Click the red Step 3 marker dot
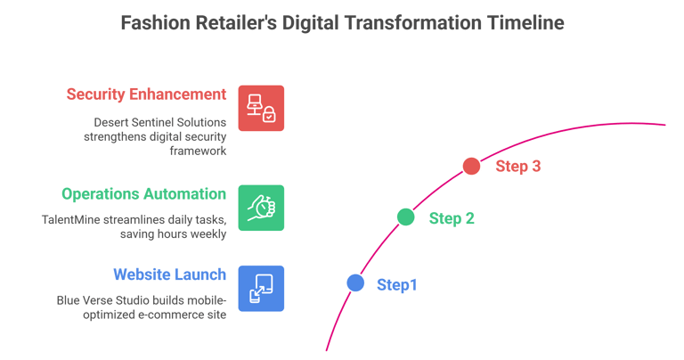471,166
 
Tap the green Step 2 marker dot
405,217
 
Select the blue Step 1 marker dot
355,283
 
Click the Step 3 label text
518,166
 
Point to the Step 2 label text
452,217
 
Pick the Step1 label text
397,284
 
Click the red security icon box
261,109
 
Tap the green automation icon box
261,208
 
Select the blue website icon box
261,289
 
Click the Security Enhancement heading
146,94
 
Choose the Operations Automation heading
142,193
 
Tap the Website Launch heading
169,275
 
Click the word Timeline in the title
525,23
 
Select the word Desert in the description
111,121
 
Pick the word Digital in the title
314,23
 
